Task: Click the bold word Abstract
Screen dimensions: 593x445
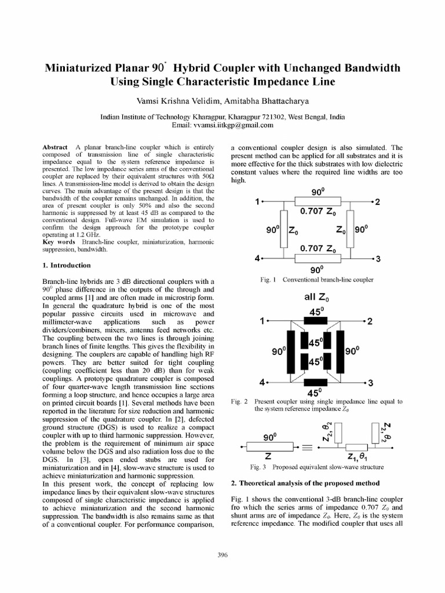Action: click(55, 148)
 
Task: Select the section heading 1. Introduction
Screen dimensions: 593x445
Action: click(67, 265)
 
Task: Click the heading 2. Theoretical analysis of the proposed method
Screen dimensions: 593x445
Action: click(305, 483)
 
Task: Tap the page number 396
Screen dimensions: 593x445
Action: click(222, 555)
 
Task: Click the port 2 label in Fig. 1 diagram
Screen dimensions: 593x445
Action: click(377, 202)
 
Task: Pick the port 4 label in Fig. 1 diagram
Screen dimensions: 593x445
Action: click(257, 258)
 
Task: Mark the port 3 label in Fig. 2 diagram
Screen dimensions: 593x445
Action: click(370, 383)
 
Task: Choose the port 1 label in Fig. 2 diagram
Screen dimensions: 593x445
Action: click(262, 320)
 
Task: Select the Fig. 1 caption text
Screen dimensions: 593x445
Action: click(316, 280)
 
